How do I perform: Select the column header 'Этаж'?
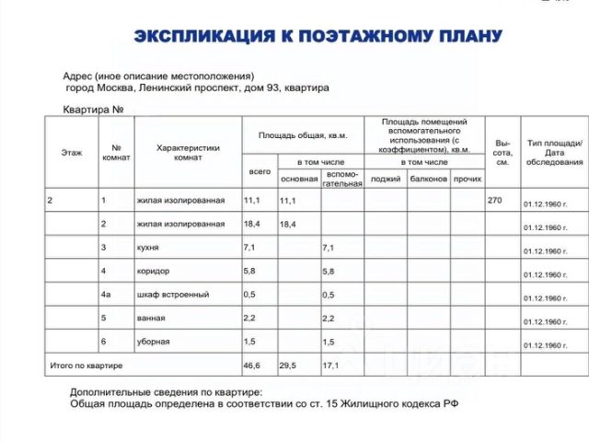(x=71, y=152)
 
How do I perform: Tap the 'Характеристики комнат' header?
(x=188, y=152)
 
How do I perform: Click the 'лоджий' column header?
(x=386, y=178)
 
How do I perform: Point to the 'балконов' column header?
(x=428, y=178)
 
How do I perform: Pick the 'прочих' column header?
(x=467, y=178)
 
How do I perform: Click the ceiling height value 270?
(x=495, y=200)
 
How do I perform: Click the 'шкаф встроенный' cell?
(x=172, y=295)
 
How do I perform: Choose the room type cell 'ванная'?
(x=151, y=318)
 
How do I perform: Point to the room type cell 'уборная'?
(x=153, y=342)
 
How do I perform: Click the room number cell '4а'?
(x=107, y=295)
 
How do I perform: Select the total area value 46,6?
(x=251, y=366)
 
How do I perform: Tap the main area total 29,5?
(x=288, y=366)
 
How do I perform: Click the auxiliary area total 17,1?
(x=329, y=366)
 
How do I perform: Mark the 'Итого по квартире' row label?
(x=86, y=366)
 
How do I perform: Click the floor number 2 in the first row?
(x=51, y=200)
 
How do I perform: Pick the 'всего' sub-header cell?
(x=260, y=171)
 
